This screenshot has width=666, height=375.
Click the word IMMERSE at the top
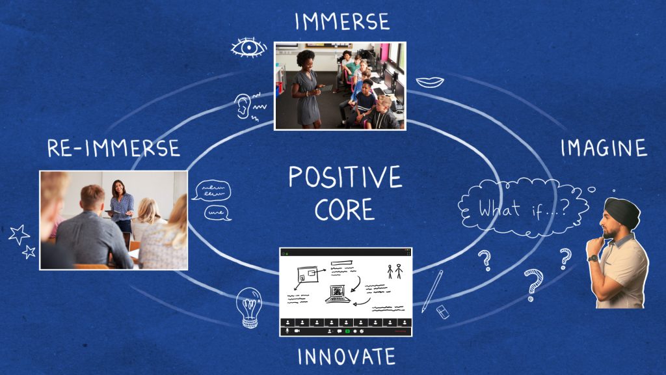pos(342,21)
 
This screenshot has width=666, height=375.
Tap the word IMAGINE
pos(604,148)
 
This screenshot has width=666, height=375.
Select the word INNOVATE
pos(346,357)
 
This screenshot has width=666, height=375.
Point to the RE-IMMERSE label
pos(113,148)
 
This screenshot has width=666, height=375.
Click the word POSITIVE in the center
pos(345,177)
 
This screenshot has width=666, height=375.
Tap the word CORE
pos(345,209)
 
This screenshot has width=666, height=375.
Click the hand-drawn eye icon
pos(249,47)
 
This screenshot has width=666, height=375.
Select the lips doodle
pos(430,81)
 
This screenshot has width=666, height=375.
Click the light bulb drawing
pos(249,308)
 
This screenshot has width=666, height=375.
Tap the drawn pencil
pos(432,291)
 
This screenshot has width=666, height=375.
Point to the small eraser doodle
pos(442,312)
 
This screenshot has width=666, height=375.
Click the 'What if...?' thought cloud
pos(524,207)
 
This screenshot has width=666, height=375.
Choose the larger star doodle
pos(19,234)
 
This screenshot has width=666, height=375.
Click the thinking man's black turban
pos(622,213)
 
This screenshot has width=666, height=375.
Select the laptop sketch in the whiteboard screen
pos(338,294)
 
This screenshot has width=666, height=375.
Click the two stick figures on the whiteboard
pos(395,271)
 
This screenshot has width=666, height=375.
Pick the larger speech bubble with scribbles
pos(213,191)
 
